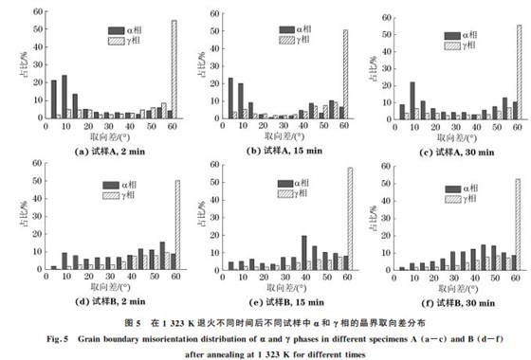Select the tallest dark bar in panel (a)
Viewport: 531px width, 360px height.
pos(64,96)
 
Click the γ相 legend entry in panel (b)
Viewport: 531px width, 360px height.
pos(299,41)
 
